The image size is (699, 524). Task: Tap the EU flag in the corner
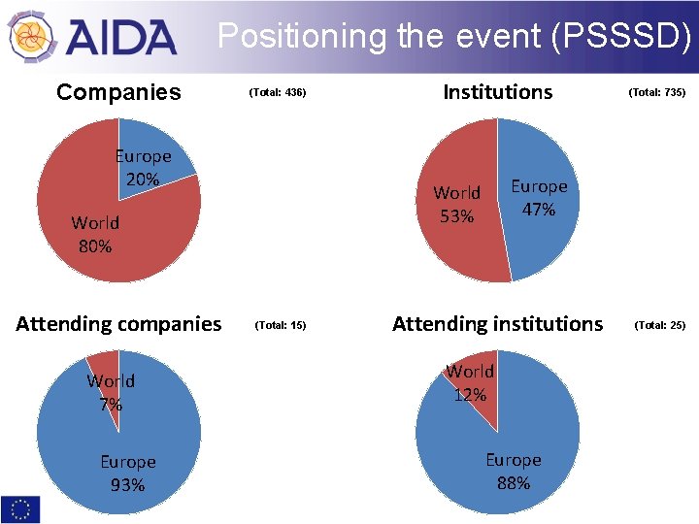click(x=21, y=508)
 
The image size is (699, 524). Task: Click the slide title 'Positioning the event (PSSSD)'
click(x=454, y=37)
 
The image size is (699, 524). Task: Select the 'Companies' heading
click(x=118, y=92)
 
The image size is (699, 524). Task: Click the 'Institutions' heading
click(x=497, y=92)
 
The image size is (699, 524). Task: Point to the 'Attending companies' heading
click(x=118, y=324)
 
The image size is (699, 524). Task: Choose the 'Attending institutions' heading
click(x=497, y=324)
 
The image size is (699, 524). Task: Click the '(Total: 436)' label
click(x=278, y=93)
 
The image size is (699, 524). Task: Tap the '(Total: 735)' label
click(x=657, y=93)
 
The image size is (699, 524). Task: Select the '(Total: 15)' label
click(x=280, y=325)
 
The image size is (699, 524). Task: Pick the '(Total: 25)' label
click(x=659, y=325)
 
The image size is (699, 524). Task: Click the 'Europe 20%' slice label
click(x=143, y=167)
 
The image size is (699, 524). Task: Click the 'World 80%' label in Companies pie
click(x=95, y=234)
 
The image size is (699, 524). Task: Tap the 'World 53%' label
click(x=456, y=204)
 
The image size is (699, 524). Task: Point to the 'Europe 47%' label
click(x=539, y=197)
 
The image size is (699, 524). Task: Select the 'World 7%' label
click(x=111, y=392)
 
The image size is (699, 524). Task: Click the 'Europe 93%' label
click(x=128, y=473)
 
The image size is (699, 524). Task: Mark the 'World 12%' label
click(x=470, y=382)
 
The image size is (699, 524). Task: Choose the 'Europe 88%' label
click(x=514, y=471)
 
